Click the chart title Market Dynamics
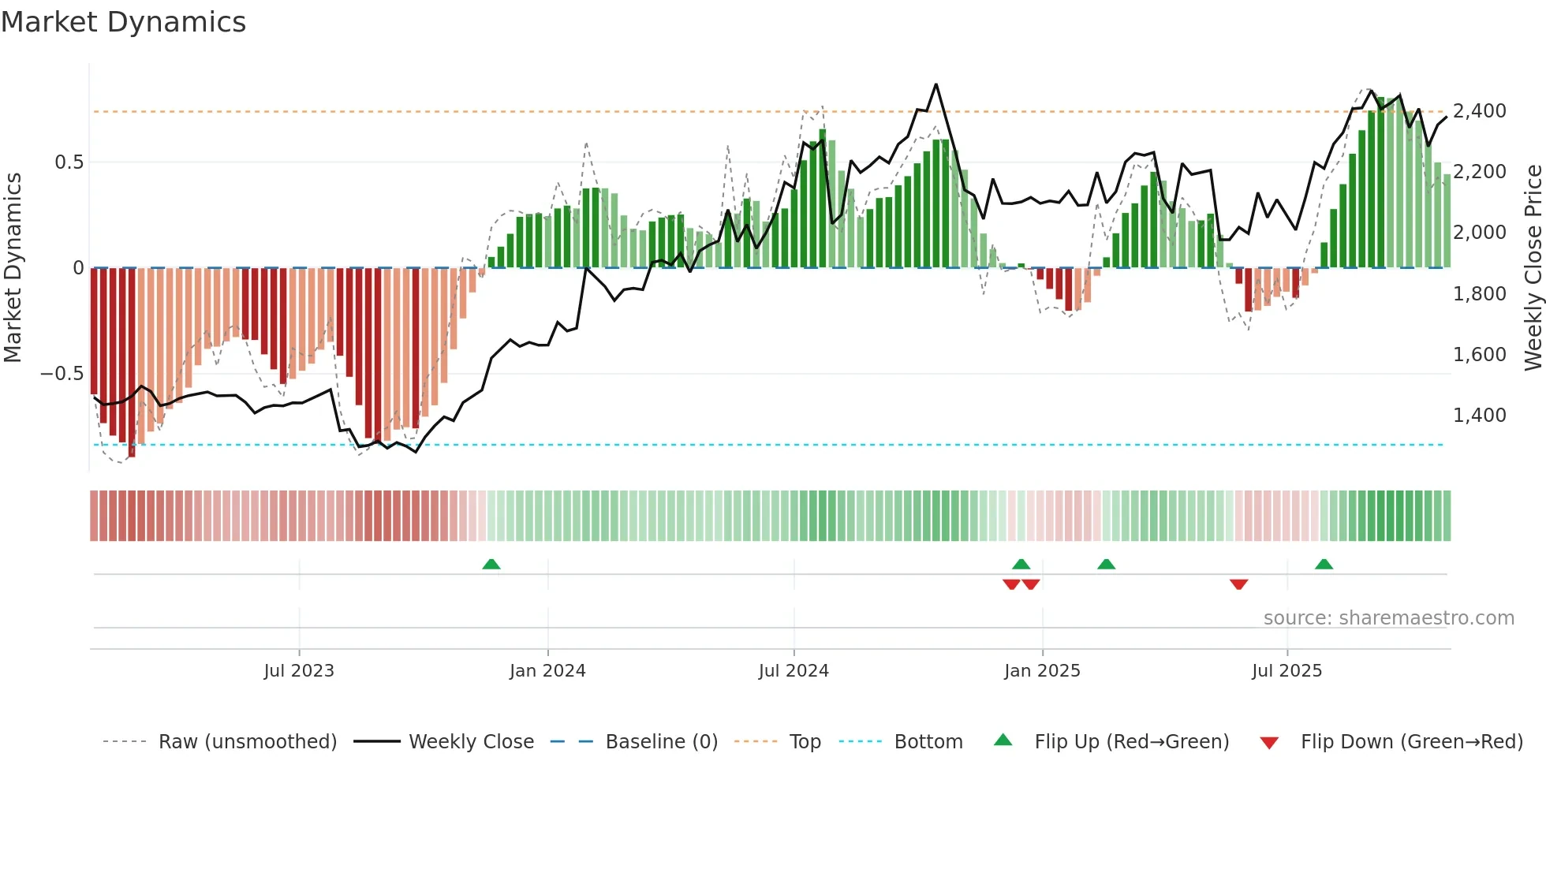pos(123,22)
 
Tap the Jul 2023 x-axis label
pos(299,671)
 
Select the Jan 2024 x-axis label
pos(547,671)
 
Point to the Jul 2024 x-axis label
pos(794,671)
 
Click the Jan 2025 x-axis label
pos(1042,671)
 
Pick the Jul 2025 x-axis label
pos(1286,671)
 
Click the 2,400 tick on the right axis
pos(1479,111)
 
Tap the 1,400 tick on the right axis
pos(1479,416)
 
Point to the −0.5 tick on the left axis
pos(62,374)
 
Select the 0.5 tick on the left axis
pos(69,162)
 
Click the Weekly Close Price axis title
pos(1533,268)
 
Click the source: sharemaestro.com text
pos(1388,618)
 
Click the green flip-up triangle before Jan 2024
pos(491,564)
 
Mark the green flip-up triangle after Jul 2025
pos(1324,564)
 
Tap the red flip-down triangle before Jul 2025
pos(1238,584)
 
